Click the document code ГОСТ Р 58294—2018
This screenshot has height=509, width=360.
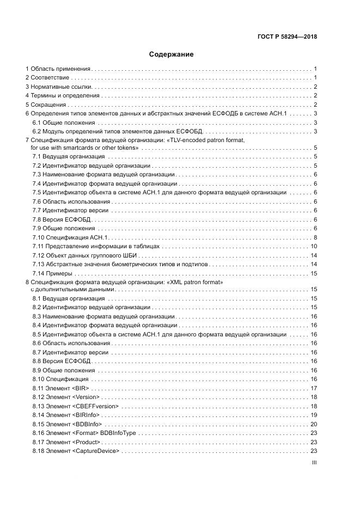[287, 37]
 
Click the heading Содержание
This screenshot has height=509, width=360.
[172, 54]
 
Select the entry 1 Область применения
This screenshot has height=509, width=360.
[58, 69]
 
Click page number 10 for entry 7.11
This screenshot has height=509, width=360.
[314, 246]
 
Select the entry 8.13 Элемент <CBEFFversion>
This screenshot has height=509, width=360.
[75, 406]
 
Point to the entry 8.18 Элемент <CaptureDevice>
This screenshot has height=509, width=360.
[76, 451]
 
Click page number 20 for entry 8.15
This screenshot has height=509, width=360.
[314, 424]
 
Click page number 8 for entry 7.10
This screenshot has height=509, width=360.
[315, 237]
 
